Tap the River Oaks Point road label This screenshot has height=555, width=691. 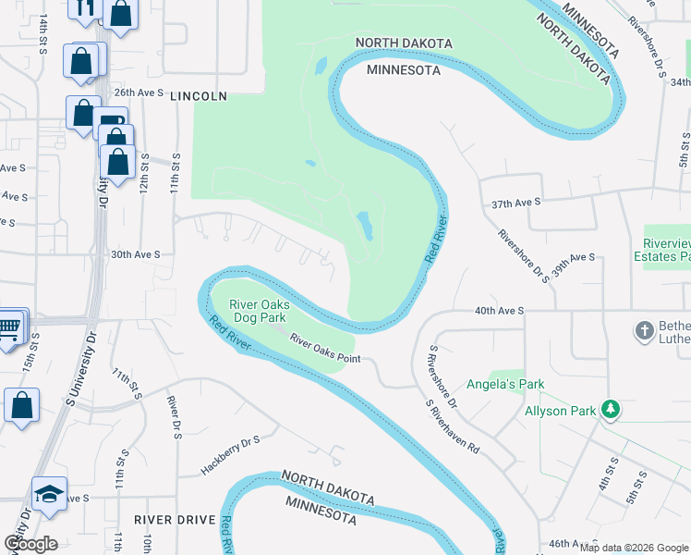coord(324,349)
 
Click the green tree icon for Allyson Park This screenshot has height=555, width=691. coord(609,409)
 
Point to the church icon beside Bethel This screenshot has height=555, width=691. coord(645,330)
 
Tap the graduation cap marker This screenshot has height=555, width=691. coord(49,492)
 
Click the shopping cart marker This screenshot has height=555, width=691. coord(9,327)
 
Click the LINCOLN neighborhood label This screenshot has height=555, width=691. coord(199,96)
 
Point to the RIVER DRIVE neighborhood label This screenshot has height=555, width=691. coord(174,520)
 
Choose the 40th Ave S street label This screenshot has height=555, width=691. coord(500,312)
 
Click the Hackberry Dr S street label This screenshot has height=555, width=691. coord(231,457)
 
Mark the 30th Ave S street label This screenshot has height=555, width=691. coord(136,254)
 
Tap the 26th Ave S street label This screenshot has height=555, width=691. coord(139,93)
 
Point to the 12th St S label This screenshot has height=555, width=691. coord(144,173)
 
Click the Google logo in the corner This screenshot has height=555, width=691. coord(30,544)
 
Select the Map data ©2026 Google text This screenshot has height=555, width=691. coord(633,547)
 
